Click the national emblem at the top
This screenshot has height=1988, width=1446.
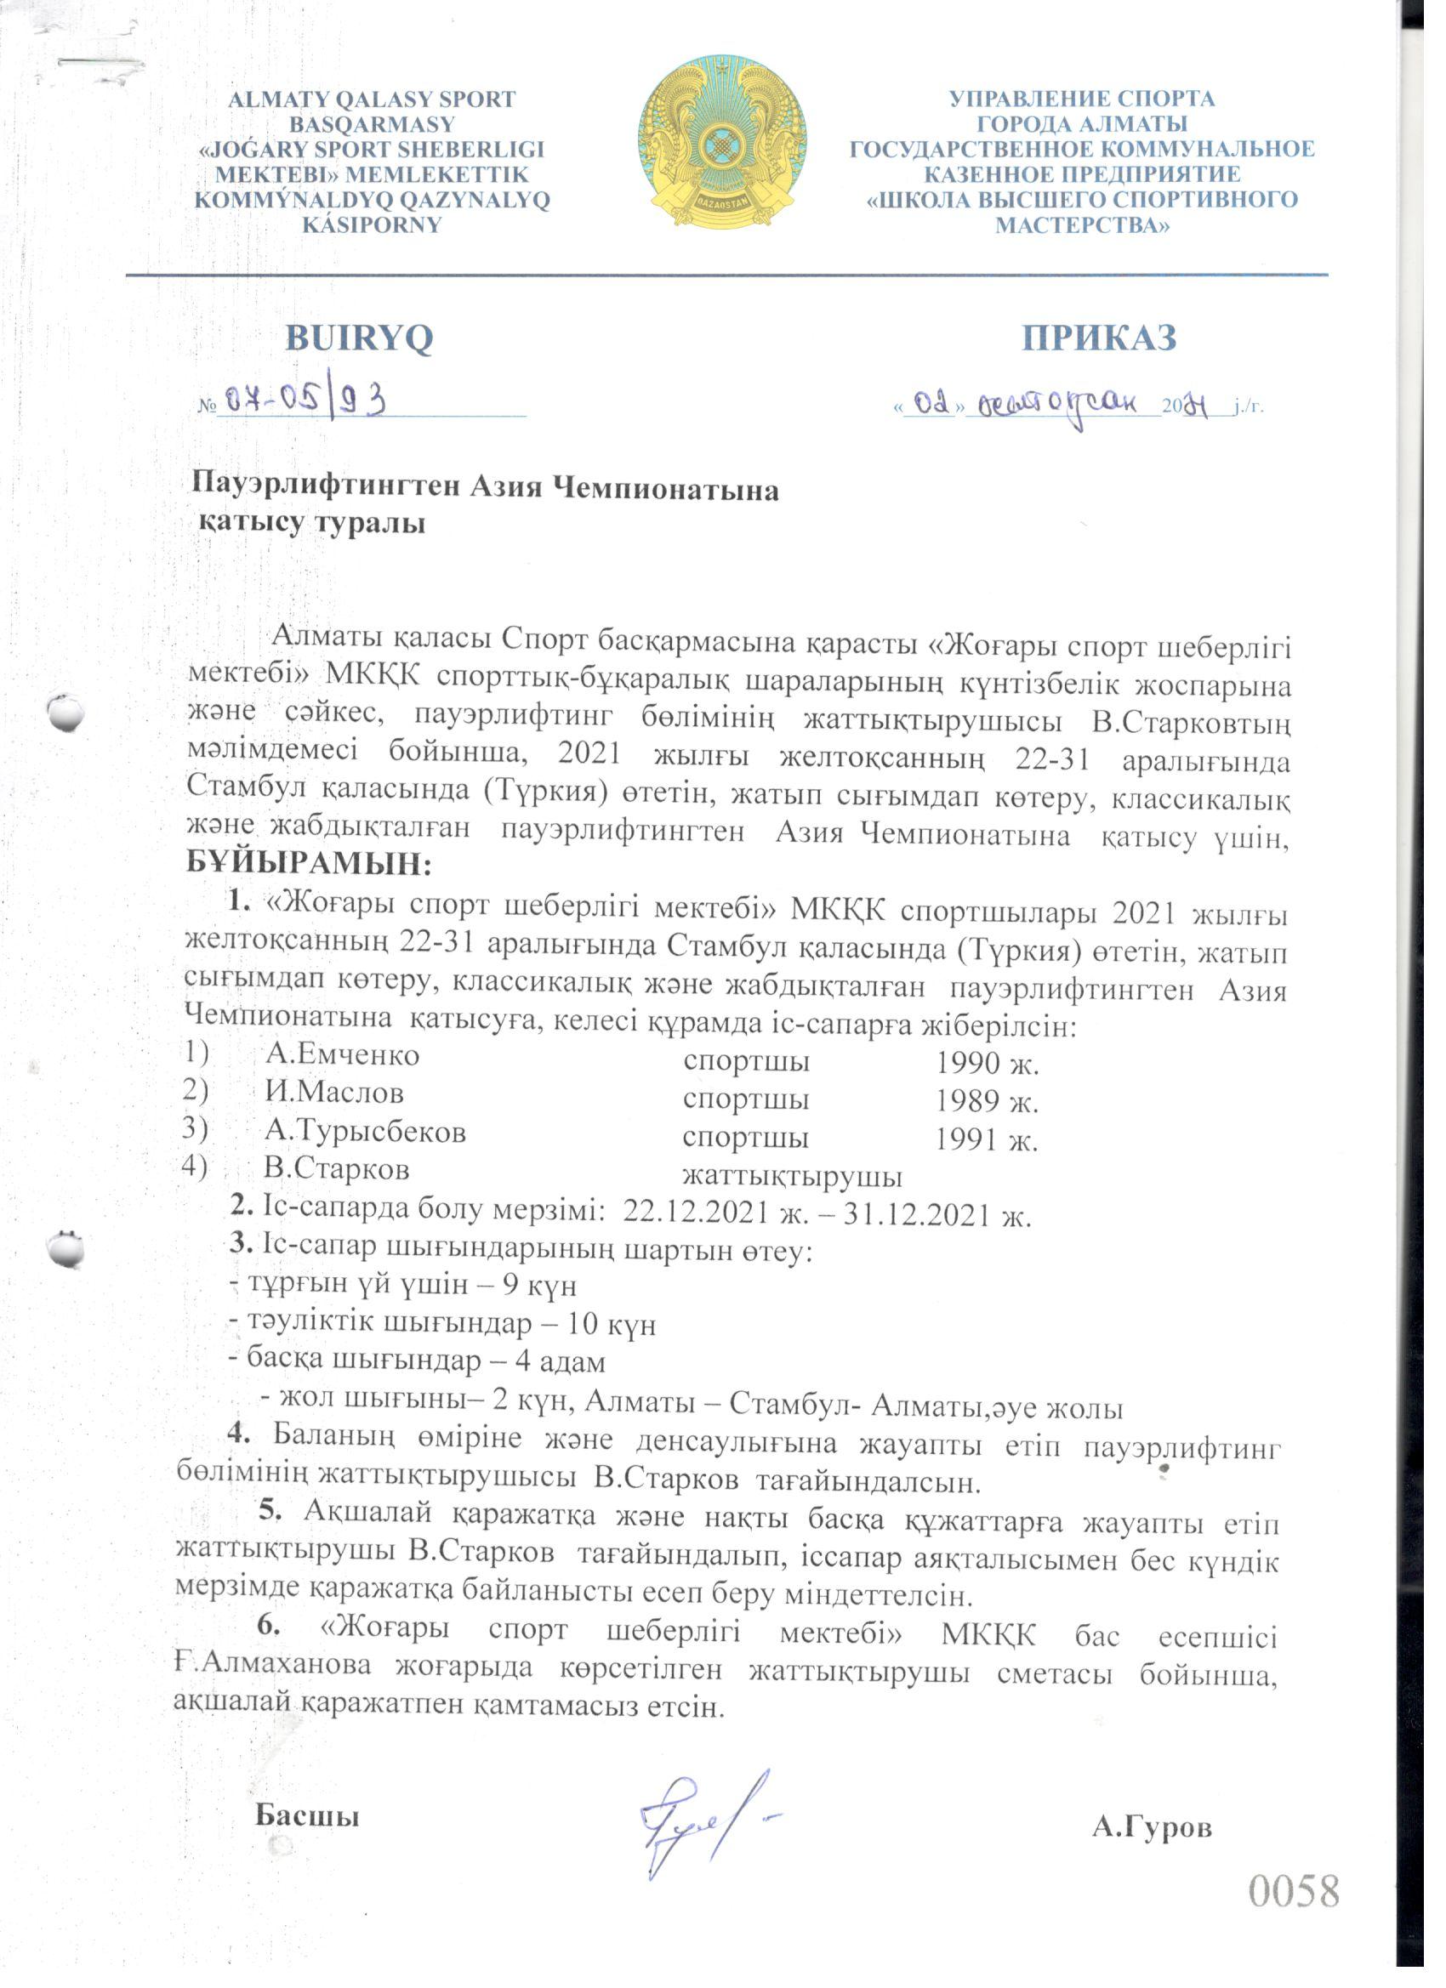[721, 143]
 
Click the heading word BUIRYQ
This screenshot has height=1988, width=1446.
[359, 338]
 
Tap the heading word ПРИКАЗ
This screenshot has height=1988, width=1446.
[1099, 338]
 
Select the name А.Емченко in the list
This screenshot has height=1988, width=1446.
[342, 1054]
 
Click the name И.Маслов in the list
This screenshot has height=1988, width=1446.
[334, 1092]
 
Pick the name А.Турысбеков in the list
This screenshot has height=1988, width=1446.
[365, 1132]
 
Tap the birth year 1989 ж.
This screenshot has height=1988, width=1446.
[986, 1101]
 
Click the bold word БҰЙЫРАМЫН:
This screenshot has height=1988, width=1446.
[310, 864]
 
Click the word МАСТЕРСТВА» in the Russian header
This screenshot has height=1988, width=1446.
[1082, 225]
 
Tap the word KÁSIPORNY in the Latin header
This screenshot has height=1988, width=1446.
[371, 224]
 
